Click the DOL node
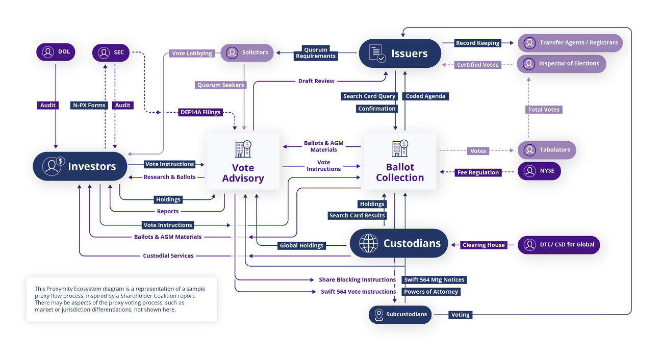click(56, 52)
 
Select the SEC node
click(111, 53)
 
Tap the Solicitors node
click(247, 53)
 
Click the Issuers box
click(400, 54)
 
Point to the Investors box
click(80, 166)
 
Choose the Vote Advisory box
click(243, 161)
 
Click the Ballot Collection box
click(399, 161)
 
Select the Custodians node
click(398, 243)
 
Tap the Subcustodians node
click(399, 314)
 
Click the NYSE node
click(539, 171)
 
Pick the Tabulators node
click(547, 150)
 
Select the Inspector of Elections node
click(561, 64)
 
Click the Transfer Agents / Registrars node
click(570, 43)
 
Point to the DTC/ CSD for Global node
click(559, 245)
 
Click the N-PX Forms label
click(89, 106)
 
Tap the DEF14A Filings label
click(200, 112)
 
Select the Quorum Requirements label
click(316, 53)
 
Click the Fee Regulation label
click(478, 172)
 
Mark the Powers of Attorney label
click(431, 292)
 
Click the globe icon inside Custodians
click(368, 243)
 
